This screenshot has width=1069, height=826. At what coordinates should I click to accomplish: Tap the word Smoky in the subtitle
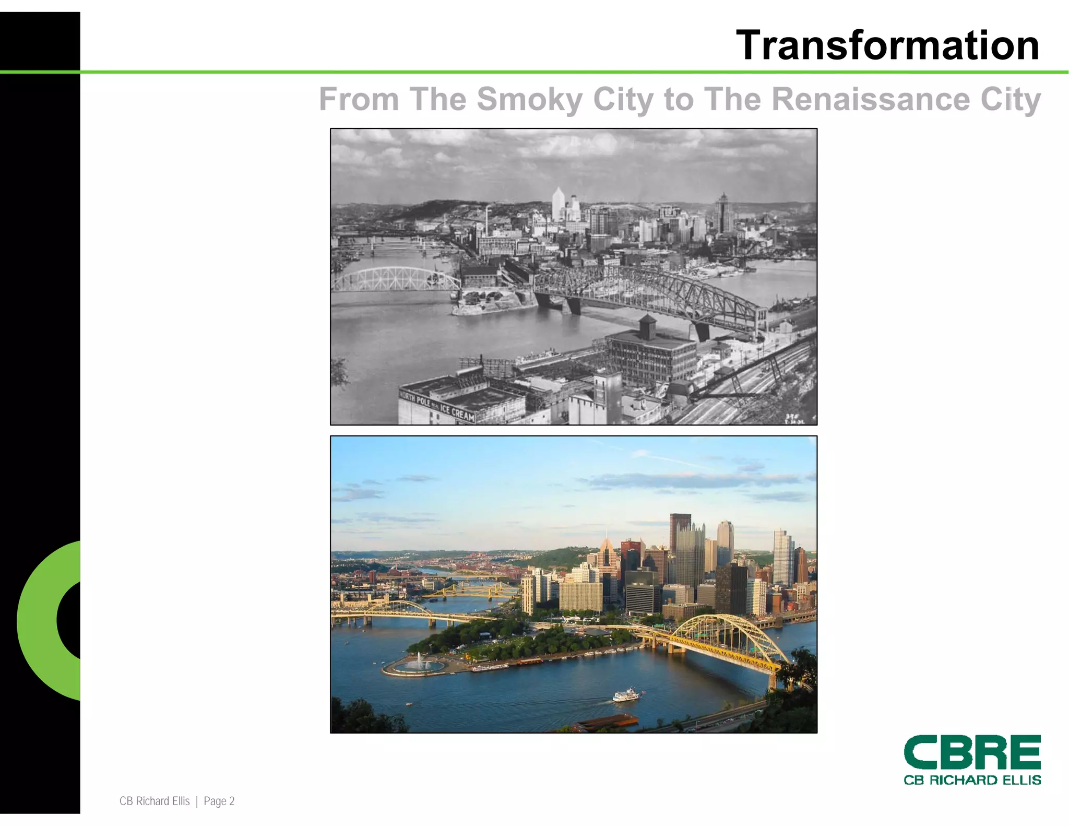click(x=529, y=99)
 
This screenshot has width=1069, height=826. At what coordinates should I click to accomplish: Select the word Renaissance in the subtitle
click(x=870, y=99)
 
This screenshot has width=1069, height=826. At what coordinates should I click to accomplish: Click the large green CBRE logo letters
click(x=972, y=752)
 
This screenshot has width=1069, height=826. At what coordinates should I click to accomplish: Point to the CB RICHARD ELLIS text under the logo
click(x=972, y=780)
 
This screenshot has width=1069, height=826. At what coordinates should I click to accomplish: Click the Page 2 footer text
click(x=219, y=801)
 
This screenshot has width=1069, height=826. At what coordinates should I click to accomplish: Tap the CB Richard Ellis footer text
click(x=155, y=801)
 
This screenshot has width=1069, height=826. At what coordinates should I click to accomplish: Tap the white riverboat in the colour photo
click(x=626, y=695)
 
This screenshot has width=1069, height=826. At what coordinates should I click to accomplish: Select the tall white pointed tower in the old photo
click(x=558, y=204)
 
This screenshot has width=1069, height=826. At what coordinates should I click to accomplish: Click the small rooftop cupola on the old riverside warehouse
click(x=648, y=327)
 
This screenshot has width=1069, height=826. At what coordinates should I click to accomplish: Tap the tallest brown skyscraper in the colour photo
click(x=680, y=530)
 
